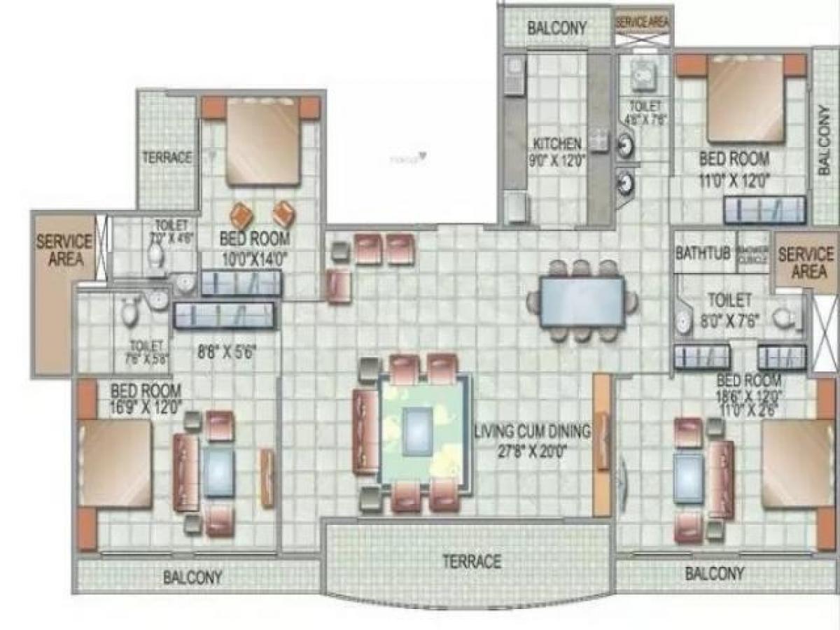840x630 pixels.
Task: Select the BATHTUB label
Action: point(700,253)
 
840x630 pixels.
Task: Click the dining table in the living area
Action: point(582,301)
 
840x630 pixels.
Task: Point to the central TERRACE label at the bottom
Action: point(471,561)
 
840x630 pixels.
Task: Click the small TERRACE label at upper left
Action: point(167,157)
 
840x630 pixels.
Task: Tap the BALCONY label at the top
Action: point(557,28)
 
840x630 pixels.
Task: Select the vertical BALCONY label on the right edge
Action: point(825,140)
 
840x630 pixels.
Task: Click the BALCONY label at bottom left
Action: point(192,578)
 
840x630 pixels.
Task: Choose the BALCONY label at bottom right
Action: point(715,574)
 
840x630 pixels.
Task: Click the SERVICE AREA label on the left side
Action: point(64,250)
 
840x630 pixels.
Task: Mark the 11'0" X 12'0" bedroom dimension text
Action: point(734,179)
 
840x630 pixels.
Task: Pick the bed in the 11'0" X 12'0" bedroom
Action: point(745,98)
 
